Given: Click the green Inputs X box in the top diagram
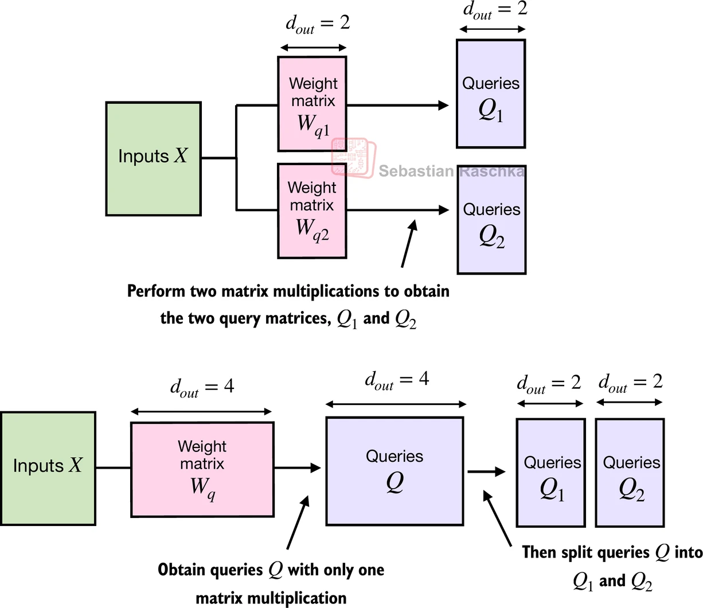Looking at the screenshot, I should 153,159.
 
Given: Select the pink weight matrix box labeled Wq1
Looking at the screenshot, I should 312,104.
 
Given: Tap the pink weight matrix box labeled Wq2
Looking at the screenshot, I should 312,211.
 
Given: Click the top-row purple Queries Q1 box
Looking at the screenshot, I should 490,93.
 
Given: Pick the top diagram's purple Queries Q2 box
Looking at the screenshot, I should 491,220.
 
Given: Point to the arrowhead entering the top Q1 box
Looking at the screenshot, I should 443,106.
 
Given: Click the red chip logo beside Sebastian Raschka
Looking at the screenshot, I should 353,157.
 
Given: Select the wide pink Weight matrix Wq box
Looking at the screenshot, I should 202,470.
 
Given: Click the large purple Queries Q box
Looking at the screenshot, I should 395,471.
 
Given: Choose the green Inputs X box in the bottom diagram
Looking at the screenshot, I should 48,468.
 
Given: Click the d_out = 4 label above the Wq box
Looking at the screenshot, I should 202,387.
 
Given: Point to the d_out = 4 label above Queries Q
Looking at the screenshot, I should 397,380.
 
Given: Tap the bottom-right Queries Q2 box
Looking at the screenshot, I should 630,473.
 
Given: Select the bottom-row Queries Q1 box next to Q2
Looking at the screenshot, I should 550,473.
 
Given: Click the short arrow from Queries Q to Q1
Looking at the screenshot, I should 486,471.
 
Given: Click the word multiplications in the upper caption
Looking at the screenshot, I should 323,291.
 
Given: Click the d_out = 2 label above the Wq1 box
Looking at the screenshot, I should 317,24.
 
